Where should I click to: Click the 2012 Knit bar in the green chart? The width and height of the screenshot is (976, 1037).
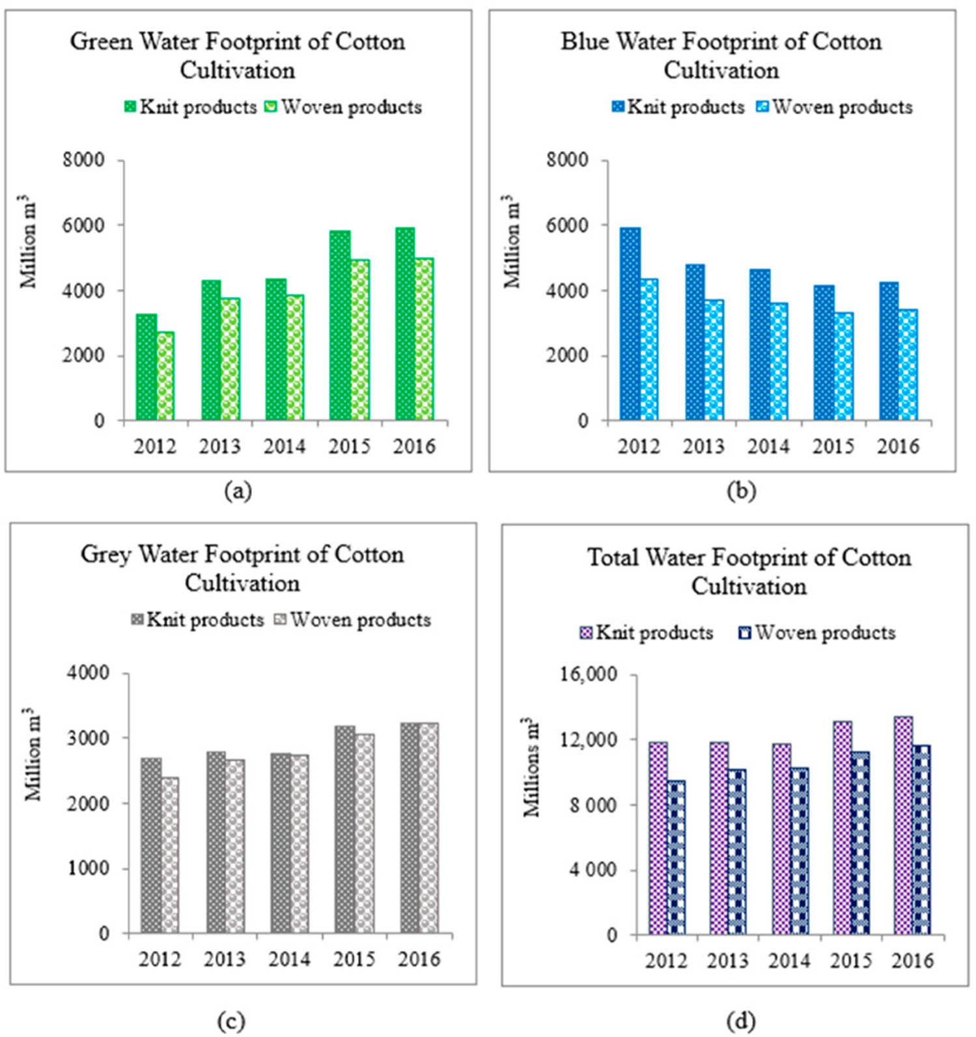(x=146, y=368)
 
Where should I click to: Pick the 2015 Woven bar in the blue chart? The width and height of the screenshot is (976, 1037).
(x=844, y=367)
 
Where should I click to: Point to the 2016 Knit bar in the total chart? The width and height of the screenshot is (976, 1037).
(x=903, y=826)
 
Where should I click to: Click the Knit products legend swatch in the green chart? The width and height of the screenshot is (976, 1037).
(x=130, y=107)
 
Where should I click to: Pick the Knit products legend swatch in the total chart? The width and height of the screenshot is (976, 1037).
(x=586, y=633)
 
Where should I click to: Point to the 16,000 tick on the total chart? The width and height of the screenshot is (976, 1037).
(x=588, y=674)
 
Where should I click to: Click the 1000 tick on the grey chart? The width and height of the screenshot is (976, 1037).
(x=89, y=868)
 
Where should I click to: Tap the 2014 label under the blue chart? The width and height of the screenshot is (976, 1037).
(x=768, y=447)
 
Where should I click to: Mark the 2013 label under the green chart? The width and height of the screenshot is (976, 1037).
(x=219, y=447)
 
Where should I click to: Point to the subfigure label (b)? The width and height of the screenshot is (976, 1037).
(x=741, y=491)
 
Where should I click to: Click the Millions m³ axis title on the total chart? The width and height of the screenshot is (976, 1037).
(x=533, y=767)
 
